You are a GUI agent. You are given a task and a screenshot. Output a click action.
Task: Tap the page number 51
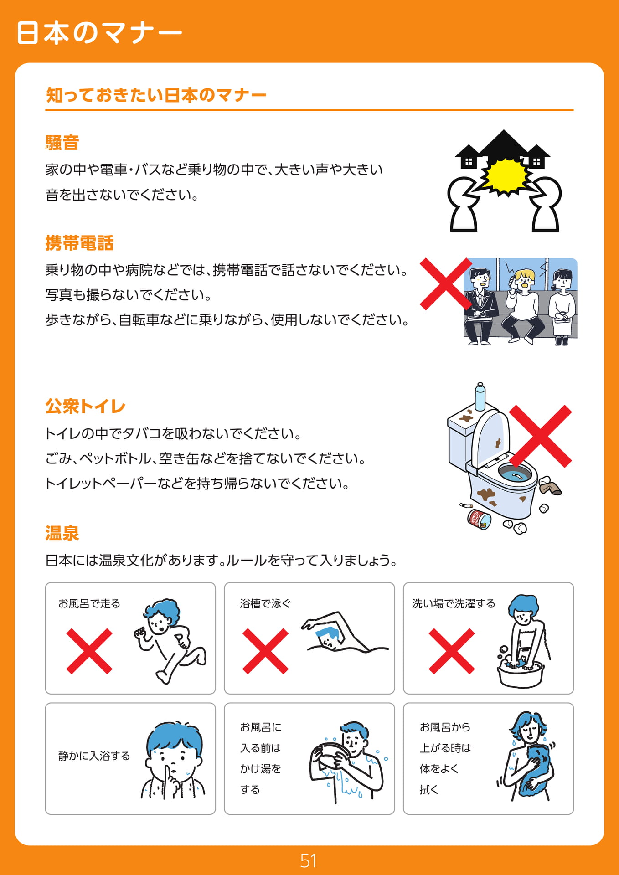[x=309, y=861]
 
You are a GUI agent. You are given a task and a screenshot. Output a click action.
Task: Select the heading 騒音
[x=62, y=143]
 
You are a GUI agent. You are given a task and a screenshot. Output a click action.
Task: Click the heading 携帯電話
[x=79, y=243]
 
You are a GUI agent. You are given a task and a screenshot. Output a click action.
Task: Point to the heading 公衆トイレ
[x=85, y=406]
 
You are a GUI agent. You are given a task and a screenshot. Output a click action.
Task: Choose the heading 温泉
[x=62, y=533]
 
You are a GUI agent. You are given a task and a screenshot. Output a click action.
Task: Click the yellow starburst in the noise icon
[x=505, y=176]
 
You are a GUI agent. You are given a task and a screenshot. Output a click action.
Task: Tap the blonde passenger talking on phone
[x=523, y=305]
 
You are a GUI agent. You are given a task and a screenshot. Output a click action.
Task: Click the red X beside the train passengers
[x=445, y=284]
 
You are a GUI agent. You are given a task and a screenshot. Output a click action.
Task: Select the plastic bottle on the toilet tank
[x=480, y=396]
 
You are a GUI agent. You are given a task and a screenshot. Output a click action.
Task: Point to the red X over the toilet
[x=541, y=436]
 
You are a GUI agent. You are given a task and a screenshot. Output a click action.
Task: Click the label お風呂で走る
[x=89, y=603]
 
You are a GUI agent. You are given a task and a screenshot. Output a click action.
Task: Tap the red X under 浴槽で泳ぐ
[x=265, y=651]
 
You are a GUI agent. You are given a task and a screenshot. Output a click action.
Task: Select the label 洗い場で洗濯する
[x=454, y=603]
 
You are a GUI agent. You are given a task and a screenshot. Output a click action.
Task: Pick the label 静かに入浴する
[x=94, y=756]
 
